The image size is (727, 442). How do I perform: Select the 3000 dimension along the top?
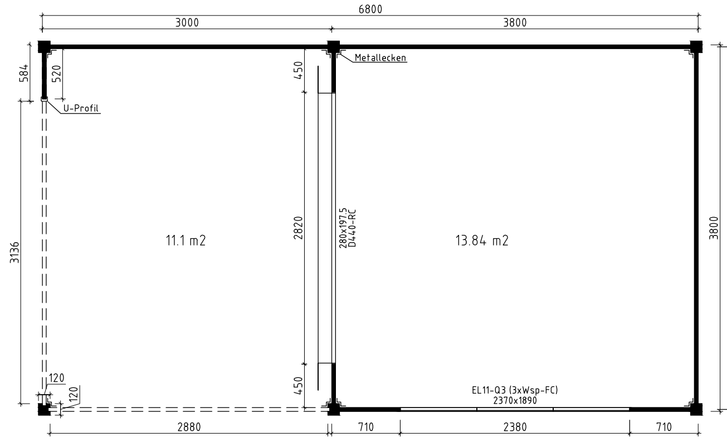(x=187, y=22)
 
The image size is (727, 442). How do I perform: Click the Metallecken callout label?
(x=380, y=57)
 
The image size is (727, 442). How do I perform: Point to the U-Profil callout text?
(x=81, y=109)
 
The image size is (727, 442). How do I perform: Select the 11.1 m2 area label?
(x=182, y=241)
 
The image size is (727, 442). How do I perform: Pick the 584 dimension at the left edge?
(x=24, y=72)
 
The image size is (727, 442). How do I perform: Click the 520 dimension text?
(x=56, y=72)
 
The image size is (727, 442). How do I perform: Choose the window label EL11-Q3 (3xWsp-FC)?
(x=514, y=391)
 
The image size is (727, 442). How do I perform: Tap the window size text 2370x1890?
(x=514, y=400)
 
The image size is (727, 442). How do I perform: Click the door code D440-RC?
(x=352, y=227)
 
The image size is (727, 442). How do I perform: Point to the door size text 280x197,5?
(x=344, y=227)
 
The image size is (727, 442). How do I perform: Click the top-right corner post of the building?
(x=696, y=47)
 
